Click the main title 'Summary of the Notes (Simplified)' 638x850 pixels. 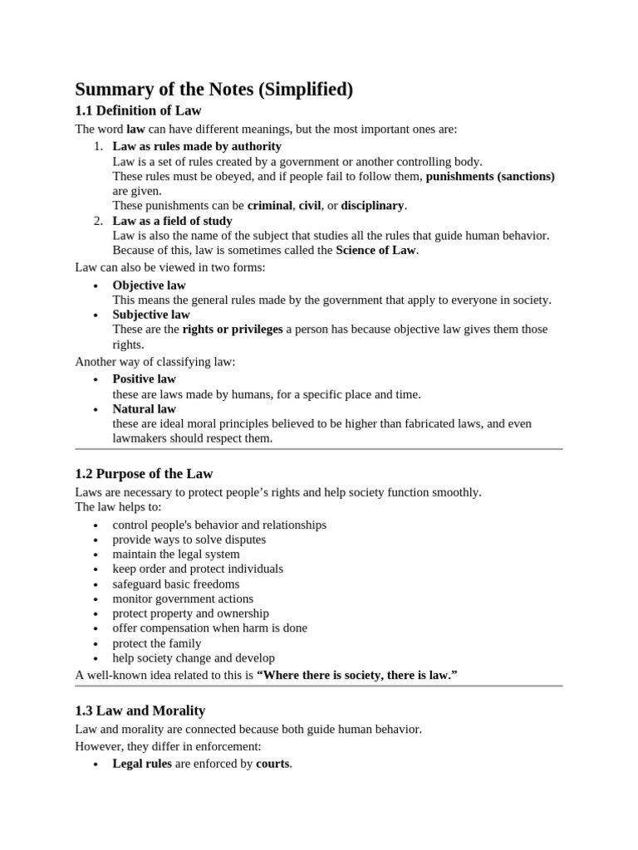(214, 90)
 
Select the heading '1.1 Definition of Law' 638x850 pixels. (138, 110)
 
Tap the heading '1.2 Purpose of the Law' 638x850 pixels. (144, 474)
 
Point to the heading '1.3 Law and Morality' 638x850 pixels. (140, 711)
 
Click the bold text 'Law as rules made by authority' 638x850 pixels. (197, 147)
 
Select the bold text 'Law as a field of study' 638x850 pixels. (172, 221)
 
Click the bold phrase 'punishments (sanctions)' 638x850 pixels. (490, 176)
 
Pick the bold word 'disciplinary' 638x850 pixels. (372, 205)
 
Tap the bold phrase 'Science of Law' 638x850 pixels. (375, 250)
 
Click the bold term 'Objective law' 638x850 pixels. (150, 286)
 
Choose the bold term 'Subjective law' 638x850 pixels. (151, 315)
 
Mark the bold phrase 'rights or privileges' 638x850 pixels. (233, 330)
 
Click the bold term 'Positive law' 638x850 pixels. (145, 379)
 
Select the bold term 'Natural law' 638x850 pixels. (145, 408)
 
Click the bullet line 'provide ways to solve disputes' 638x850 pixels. (189, 540)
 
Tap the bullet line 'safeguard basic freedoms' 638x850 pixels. (176, 584)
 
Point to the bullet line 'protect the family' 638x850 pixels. (157, 643)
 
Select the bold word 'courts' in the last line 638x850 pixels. (273, 764)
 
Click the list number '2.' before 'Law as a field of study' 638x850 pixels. (98, 221)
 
